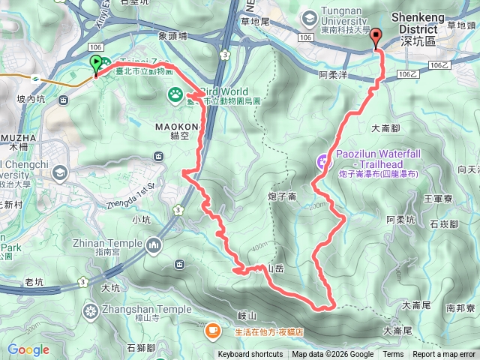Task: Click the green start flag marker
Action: point(96,64)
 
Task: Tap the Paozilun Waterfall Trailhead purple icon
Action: point(323,159)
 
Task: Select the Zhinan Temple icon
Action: point(154,244)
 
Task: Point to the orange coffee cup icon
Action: point(213,328)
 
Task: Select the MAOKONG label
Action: point(176,127)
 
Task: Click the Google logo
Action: point(28,349)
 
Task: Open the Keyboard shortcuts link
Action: point(250,355)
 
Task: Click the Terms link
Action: point(393,355)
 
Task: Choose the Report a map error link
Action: point(444,355)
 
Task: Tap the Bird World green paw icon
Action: point(175,94)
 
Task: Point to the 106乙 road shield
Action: point(408,74)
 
